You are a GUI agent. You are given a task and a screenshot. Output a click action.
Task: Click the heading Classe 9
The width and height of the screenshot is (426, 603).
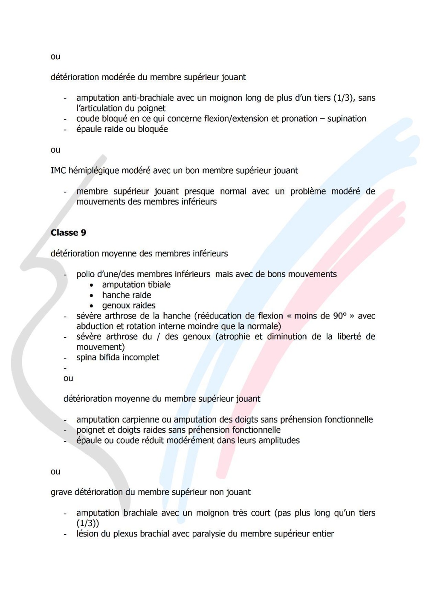[68, 233]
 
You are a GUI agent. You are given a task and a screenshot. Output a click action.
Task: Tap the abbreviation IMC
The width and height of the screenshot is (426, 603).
[58, 171]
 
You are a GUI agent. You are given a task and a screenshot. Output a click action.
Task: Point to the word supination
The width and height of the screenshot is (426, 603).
[346, 119]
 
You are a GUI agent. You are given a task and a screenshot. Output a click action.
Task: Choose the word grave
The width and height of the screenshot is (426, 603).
[61, 492]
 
